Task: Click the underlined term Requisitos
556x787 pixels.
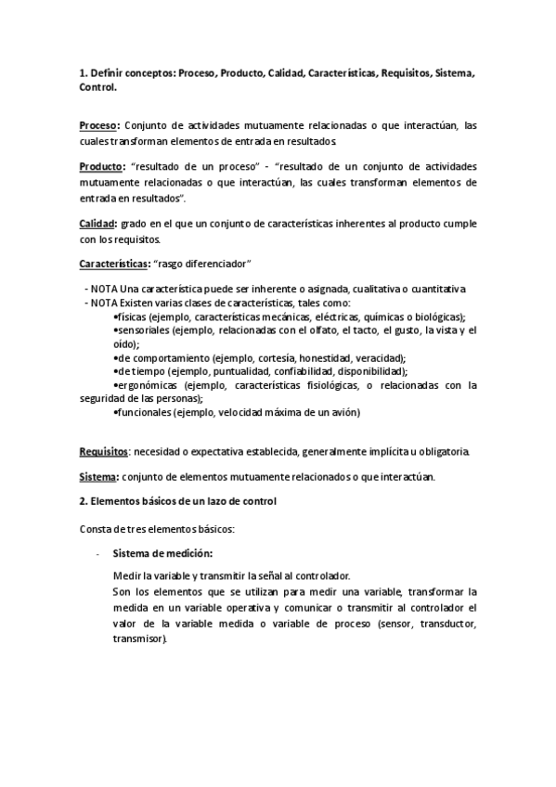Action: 103,452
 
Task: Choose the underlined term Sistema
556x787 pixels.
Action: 98,477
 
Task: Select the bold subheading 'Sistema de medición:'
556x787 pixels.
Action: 162,554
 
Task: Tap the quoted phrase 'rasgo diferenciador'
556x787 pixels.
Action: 208,264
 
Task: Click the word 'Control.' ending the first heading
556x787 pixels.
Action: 98,86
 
